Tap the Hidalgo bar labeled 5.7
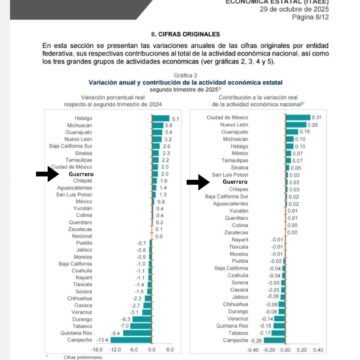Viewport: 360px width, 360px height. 160,118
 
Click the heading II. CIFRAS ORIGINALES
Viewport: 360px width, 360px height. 180,33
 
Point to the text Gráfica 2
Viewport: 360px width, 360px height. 180,73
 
